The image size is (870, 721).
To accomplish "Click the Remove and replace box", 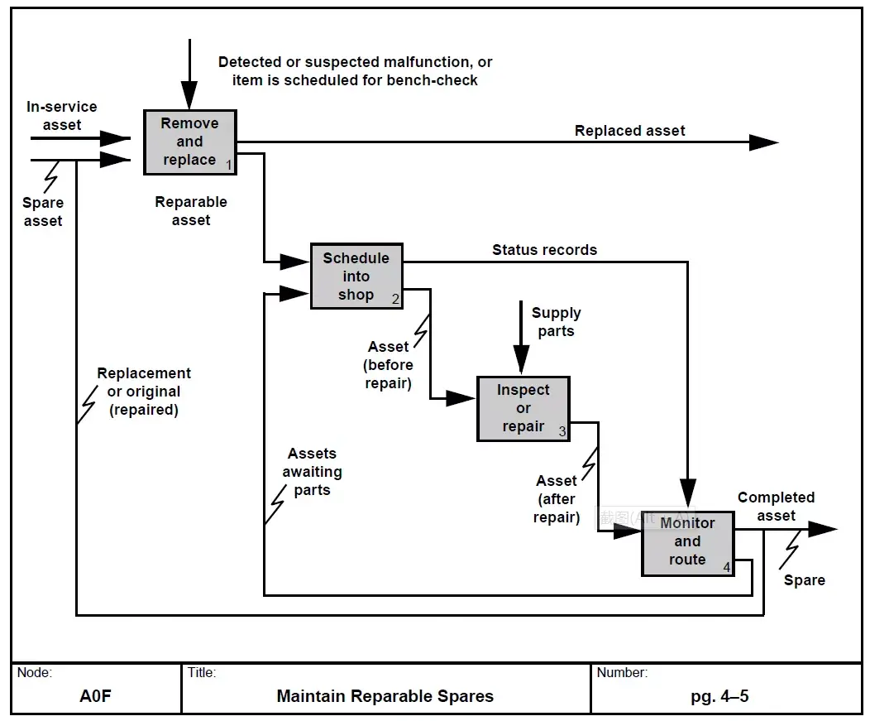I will [x=189, y=142].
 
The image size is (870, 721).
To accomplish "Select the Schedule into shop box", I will [x=356, y=276].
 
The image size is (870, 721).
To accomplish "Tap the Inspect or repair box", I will [x=523, y=408].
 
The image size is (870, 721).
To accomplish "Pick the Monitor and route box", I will [x=687, y=541].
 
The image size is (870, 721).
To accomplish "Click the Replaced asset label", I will [x=629, y=131].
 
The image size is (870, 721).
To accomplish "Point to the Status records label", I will [x=544, y=250].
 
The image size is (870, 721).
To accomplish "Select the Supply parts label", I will [x=556, y=322].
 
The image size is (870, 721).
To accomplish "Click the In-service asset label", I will [x=61, y=116].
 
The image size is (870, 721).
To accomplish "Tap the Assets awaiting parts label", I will [x=312, y=472].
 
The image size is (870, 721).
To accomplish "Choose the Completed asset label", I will [x=776, y=507].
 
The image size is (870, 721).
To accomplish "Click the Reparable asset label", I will [x=191, y=211].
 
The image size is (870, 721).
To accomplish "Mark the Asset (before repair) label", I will [x=388, y=365].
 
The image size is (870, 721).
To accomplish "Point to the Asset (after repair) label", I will [x=556, y=499].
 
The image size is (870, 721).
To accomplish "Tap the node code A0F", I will [x=95, y=696].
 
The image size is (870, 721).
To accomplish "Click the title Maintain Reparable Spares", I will [x=385, y=696].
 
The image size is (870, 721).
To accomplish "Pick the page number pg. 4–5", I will [x=719, y=696].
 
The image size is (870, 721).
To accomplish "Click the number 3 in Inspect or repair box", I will [x=562, y=431].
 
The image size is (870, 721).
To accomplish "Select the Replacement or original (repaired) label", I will [x=144, y=392].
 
